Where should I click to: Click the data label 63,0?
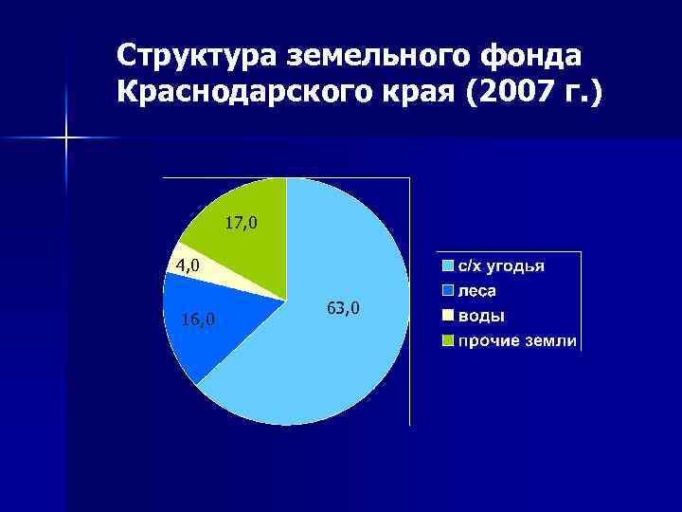[x=343, y=309]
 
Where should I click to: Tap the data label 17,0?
[x=241, y=224]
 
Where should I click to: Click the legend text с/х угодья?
[x=501, y=266]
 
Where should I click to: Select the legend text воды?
[x=481, y=316]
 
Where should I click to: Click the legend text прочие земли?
[x=517, y=340]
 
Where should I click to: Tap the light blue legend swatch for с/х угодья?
[x=448, y=266]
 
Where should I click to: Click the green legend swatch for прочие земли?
[x=448, y=340]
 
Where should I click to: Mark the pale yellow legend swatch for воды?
[x=448, y=316]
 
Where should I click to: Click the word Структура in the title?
[x=194, y=57]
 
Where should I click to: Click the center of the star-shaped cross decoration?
[x=66, y=138]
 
